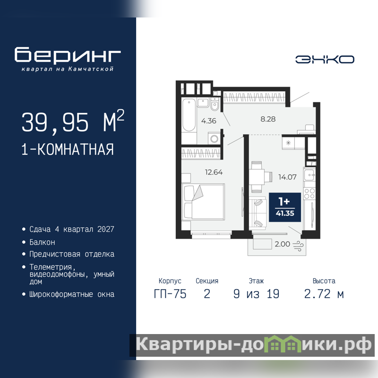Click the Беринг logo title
(x=68, y=54)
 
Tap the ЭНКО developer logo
(x=325, y=60)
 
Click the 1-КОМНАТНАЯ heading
(x=68, y=149)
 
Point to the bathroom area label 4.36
(x=209, y=120)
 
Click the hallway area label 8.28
(x=268, y=119)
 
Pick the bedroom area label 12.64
(x=214, y=172)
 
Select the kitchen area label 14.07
(x=287, y=177)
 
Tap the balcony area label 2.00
(x=282, y=244)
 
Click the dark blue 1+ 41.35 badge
(x=285, y=207)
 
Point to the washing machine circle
(x=214, y=138)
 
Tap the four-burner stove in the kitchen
(x=309, y=193)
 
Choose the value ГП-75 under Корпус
(x=170, y=294)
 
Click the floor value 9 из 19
(x=256, y=294)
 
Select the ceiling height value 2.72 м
(x=324, y=294)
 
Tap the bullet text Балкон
(x=42, y=242)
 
